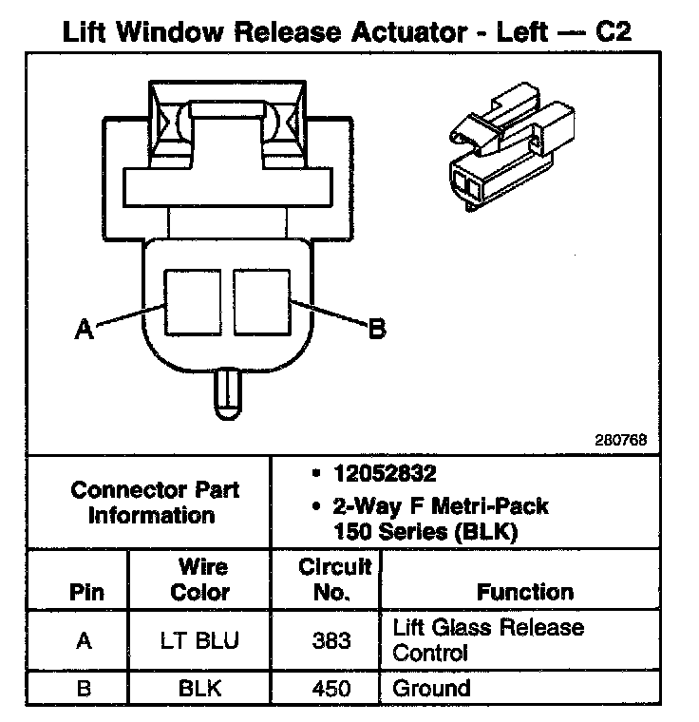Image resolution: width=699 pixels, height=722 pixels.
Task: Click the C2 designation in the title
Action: click(x=614, y=32)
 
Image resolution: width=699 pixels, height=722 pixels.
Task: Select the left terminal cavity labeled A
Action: click(x=193, y=301)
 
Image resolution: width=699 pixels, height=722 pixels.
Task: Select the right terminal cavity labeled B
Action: click(x=262, y=301)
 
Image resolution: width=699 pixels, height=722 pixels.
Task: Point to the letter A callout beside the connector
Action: click(x=84, y=329)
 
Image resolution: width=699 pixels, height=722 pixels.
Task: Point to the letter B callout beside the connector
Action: click(x=377, y=329)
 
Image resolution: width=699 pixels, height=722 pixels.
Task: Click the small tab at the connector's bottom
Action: click(x=228, y=393)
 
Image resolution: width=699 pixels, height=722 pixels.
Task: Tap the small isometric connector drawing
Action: click(x=512, y=147)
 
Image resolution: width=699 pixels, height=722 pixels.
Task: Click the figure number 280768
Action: click(x=621, y=440)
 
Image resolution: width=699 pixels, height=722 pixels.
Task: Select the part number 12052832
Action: click(x=385, y=473)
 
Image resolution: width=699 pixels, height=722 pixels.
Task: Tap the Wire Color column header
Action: click(x=200, y=579)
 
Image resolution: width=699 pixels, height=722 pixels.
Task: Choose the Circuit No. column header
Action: click(x=334, y=579)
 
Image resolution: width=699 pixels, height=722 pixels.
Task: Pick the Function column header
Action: click(x=525, y=592)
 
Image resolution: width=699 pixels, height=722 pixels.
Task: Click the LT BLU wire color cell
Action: click(x=199, y=640)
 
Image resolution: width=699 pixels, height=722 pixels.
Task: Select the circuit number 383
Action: click(x=331, y=640)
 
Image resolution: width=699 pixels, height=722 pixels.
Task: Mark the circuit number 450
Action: click(x=331, y=689)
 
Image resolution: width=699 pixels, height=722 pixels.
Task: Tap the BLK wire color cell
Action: click(x=199, y=689)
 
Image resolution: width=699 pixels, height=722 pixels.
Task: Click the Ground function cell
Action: click(x=431, y=689)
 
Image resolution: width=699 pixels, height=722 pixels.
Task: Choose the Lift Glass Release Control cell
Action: click(x=488, y=640)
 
